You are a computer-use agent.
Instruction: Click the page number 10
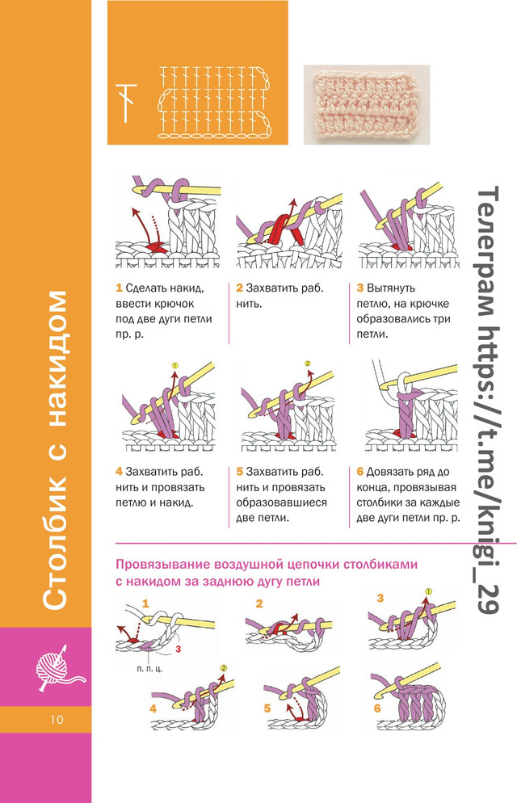57,720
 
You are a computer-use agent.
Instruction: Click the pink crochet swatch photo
367,104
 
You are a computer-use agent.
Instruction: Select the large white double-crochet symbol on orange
126,103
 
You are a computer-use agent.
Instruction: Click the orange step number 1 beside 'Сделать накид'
119,288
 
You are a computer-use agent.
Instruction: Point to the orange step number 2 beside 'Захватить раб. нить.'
239,288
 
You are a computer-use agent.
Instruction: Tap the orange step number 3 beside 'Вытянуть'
359,288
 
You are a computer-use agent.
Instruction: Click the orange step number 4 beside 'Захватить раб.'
119,472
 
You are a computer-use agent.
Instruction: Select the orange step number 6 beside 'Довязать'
359,472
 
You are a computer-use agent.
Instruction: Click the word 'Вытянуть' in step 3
390,288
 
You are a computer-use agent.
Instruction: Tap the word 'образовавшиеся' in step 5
281,503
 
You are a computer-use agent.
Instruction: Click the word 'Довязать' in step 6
390,472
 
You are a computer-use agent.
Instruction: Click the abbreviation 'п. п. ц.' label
149,668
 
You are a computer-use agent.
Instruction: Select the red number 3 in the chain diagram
179,650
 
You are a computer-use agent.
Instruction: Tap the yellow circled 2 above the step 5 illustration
308,364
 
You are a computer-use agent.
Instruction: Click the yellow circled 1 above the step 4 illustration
174,366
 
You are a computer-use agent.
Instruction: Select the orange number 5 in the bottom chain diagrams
267,708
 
